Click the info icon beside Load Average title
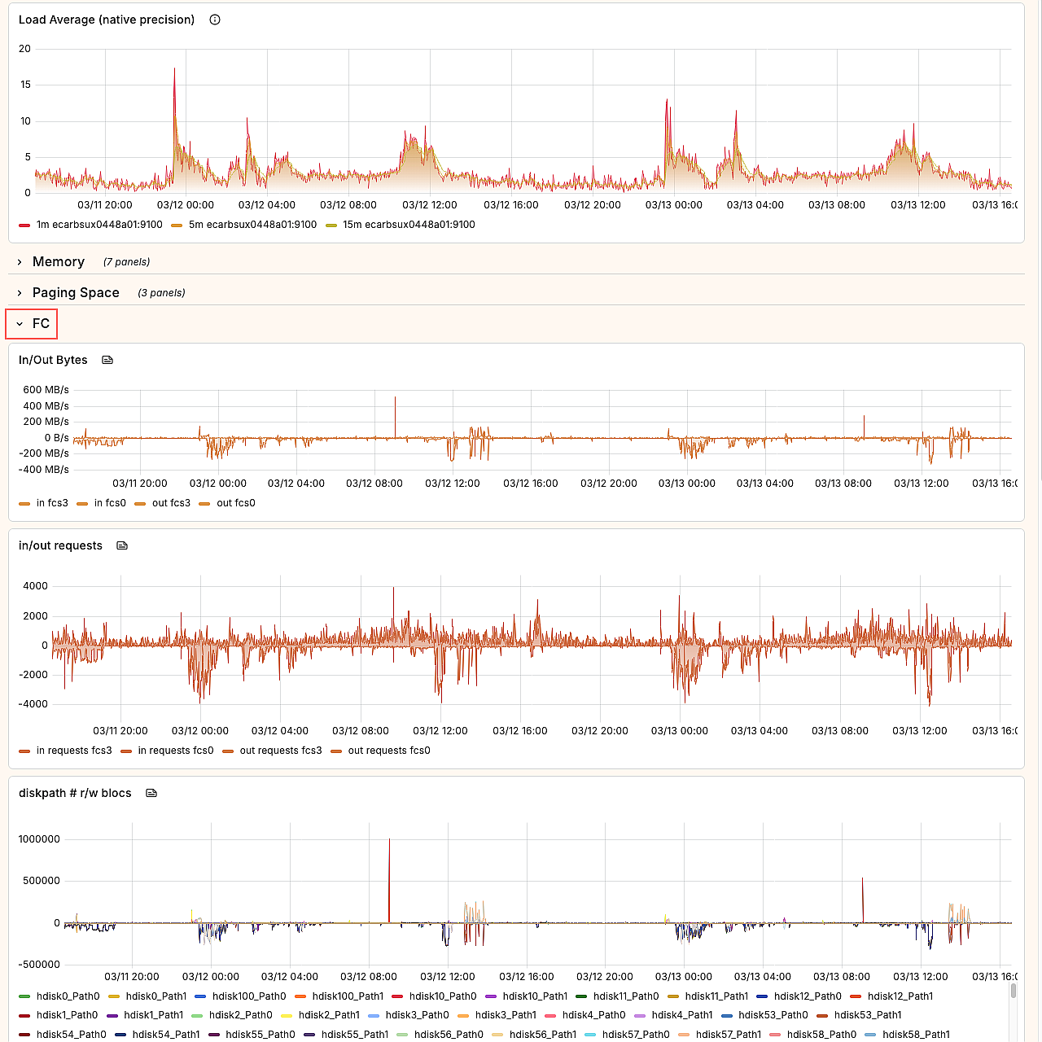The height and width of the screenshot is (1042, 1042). click(215, 20)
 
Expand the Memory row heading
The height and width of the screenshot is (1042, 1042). click(58, 261)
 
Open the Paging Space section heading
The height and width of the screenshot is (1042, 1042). click(76, 292)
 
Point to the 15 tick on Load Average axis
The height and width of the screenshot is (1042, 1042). click(25, 85)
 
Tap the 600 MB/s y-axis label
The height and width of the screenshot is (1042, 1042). click(46, 390)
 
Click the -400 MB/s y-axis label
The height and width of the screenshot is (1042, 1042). click(45, 470)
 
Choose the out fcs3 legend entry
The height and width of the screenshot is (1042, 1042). click(171, 503)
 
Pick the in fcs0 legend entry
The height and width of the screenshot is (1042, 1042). click(110, 503)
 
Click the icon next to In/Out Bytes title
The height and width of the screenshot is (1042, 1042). click(107, 360)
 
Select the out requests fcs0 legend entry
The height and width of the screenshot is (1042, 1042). click(388, 751)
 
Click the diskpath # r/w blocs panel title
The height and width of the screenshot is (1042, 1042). click(75, 793)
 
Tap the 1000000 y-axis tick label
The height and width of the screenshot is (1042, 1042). click(39, 839)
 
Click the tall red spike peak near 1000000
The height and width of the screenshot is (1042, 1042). click(389, 840)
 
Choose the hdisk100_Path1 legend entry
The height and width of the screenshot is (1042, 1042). click(348, 996)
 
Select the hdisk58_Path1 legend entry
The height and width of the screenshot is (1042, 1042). click(916, 1035)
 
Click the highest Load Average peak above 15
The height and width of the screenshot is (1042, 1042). click(174, 69)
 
